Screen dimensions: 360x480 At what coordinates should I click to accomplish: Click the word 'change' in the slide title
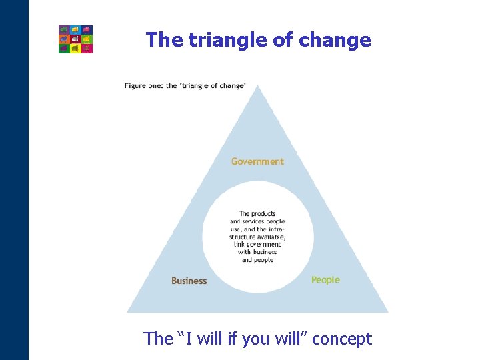tap(335, 40)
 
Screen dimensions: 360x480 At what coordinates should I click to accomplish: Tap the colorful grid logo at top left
tap(75, 39)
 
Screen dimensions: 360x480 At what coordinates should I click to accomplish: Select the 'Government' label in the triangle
tap(257, 161)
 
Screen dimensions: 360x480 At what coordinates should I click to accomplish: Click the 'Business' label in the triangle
tap(189, 281)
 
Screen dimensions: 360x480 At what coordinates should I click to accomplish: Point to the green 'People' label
tap(325, 280)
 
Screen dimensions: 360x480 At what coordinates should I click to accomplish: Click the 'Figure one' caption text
tap(143, 85)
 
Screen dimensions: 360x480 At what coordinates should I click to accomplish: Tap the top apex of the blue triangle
tap(257, 87)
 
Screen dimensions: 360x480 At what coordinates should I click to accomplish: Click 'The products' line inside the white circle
tap(257, 214)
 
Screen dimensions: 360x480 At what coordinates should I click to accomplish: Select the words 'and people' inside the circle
tap(257, 260)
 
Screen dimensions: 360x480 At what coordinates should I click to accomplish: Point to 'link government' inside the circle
tap(257, 245)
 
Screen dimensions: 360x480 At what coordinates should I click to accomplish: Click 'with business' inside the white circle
tap(257, 252)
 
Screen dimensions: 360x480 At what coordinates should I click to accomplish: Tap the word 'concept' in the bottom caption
tap(342, 339)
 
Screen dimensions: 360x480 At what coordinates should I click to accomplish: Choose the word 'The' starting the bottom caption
tap(158, 339)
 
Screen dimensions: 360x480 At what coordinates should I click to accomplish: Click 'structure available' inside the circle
tap(257, 237)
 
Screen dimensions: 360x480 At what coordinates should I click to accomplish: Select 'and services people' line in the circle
tap(257, 221)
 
